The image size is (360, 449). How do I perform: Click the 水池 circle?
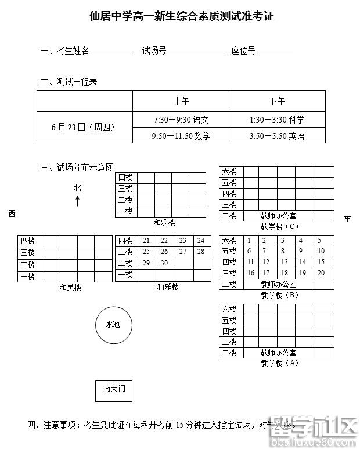point(114,325)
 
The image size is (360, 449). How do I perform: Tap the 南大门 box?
point(114,390)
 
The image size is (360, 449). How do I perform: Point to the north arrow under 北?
point(78,201)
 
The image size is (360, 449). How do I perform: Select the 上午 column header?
point(181,100)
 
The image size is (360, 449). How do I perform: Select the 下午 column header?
point(277,100)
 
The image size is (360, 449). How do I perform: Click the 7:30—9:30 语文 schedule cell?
point(181,120)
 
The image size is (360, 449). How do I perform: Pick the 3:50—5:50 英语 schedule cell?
point(277,136)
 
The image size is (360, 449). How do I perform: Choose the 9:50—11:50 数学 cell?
point(181,136)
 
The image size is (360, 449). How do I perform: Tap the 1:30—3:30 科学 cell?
point(277,120)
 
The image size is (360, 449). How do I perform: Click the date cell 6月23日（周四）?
point(84,127)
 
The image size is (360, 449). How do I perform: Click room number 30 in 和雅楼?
point(164,263)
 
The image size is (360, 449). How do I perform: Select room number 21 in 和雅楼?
point(146,240)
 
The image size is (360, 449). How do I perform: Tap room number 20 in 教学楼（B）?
point(321,273)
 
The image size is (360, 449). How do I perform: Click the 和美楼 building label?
point(70,288)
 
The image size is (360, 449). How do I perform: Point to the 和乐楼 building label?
point(164,222)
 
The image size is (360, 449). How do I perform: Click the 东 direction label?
point(347,218)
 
